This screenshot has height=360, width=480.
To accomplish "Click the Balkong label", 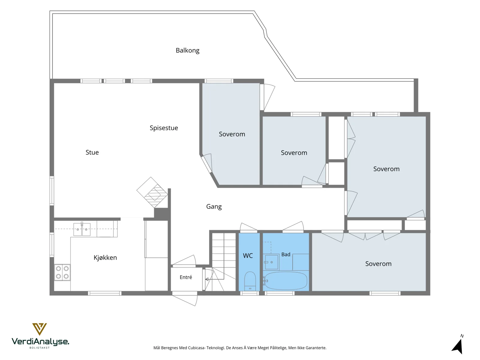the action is click(x=187, y=50).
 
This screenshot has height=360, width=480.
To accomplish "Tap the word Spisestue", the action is click(x=163, y=128).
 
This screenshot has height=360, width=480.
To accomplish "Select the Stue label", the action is click(x=92, y=152).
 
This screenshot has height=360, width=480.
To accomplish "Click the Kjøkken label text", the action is click(x=105, y=257).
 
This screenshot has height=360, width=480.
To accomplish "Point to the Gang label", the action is click(x=214, y=207).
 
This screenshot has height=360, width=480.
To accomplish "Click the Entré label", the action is click(x=186, y=277).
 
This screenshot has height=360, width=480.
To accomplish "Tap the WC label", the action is click(x=248, y=256).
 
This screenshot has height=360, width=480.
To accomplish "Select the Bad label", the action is click(x=286, y=254).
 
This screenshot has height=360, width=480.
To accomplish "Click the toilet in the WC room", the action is click(x=250, y=281).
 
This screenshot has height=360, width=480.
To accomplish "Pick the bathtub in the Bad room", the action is click(x=285, y=281).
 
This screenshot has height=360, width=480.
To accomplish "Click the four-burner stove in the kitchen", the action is click(x=62, y=272).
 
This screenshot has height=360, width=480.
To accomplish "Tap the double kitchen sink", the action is click(x=82, y=229).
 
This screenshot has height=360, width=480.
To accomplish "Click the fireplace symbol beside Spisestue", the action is click(x=152, y=192).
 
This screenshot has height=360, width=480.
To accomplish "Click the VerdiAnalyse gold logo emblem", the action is click(x=39, y=329).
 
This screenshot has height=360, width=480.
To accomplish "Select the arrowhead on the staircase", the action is click(x=207, y=279).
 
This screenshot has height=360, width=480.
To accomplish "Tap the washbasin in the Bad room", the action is click(x=271, y=262).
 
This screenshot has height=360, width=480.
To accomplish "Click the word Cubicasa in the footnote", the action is click(x=196, y=348).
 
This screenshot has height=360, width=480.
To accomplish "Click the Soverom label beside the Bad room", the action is click(x=378, y=264).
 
